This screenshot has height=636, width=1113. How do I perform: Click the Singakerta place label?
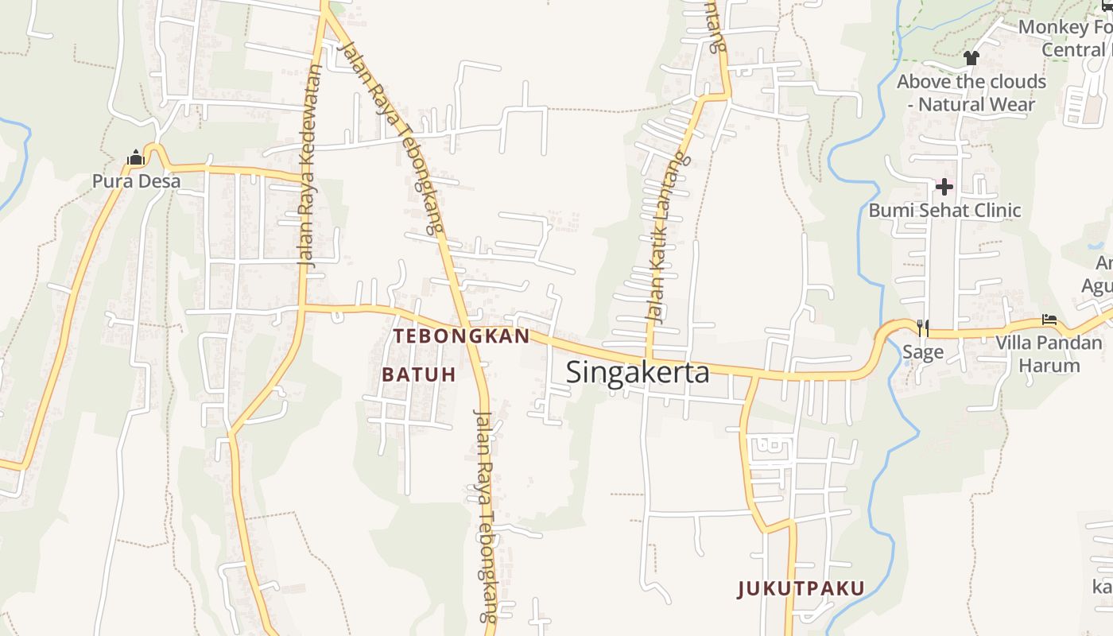[x=638, y=372]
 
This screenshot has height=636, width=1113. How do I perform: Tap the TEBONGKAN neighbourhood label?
[x=461, y=336]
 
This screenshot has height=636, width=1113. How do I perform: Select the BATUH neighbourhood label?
[x=419, y=374]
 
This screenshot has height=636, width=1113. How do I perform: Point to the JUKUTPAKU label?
[x=801, y=589]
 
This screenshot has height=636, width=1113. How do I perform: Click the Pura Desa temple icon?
[x=136, y=158]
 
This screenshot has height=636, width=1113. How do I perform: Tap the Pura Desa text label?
[x=136, y=181]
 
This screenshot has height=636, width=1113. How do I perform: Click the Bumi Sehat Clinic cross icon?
[x=944, y=188]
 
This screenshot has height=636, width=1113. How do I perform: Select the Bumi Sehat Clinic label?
[x=944, y=211]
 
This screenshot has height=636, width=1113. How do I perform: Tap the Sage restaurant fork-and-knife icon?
[x=922, y=326]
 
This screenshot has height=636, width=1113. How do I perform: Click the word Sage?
[x=923, y=352]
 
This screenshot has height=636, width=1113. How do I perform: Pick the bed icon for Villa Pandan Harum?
[x=1049, y=320]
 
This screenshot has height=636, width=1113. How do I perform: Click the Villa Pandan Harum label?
[x=1049, y=355]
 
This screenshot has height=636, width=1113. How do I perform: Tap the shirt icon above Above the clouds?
[x=971, y=57]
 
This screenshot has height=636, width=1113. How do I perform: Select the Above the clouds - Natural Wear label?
[x=971, y=93]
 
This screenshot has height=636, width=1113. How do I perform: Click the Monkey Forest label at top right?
[x=1065, y=37]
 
